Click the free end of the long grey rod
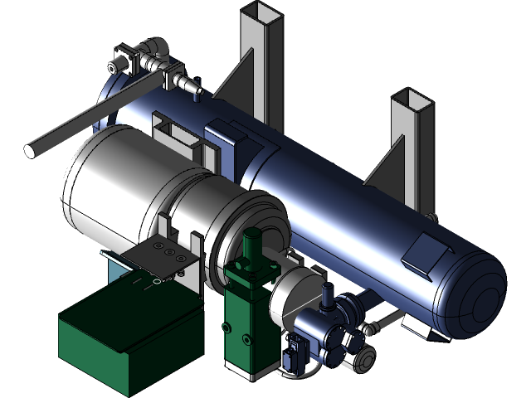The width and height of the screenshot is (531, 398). coord(31,151)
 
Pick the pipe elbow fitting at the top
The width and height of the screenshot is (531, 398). coord(153,50)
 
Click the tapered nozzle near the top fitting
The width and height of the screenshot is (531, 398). coord(193,84)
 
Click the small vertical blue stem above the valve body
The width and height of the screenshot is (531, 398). coord(328,293)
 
